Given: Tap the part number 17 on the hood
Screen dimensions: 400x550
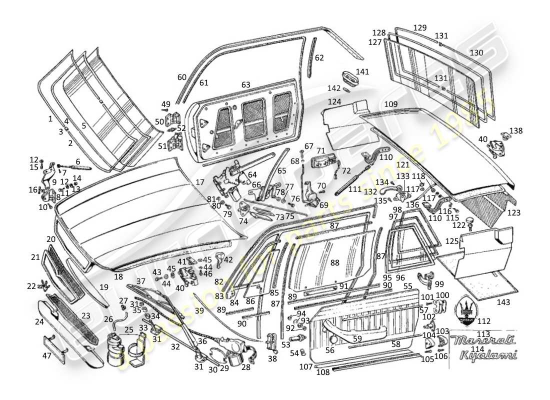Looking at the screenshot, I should pos(200,182).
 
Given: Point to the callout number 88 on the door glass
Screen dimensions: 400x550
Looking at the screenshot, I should pos(334,262).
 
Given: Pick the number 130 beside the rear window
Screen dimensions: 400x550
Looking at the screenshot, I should pos(476,53).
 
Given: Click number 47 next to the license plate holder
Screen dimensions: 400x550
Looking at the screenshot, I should pos(46,356).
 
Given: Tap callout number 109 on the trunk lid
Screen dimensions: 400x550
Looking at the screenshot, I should pos(391,104).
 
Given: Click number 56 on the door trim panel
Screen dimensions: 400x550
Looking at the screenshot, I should pos(330,350).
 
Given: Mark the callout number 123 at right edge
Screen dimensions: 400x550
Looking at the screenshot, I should pos(513,213).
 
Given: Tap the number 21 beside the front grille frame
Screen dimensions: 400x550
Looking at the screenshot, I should pos(34,257).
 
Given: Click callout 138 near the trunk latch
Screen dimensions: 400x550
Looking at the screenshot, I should pos(516,131).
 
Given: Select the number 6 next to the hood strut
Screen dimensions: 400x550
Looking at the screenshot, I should pos(77,161).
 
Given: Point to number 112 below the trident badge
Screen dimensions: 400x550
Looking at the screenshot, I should pos(484,321).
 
